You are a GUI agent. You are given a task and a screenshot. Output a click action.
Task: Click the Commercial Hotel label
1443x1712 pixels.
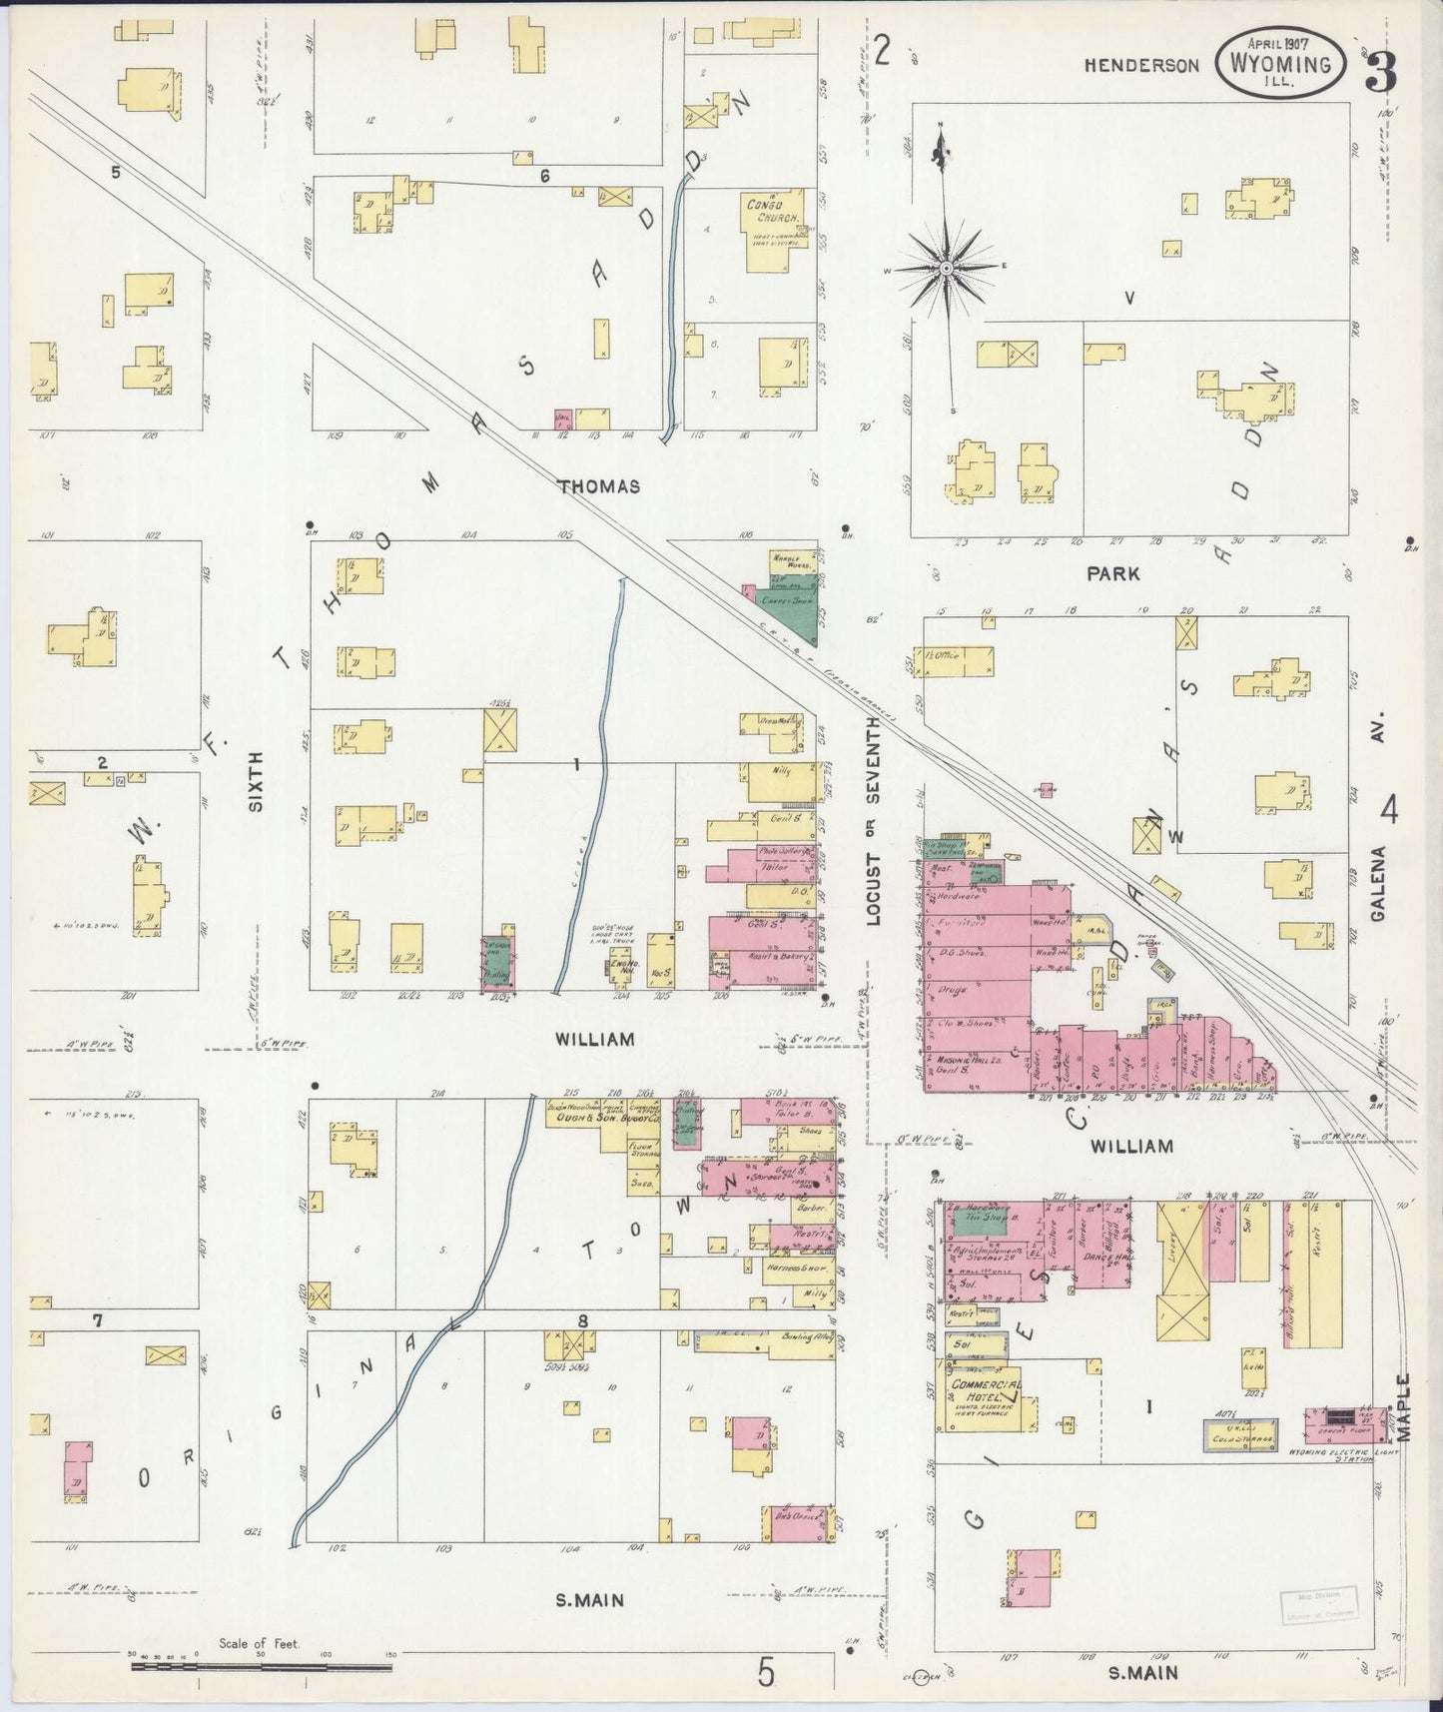pyautogui.click(x=986, y=1391)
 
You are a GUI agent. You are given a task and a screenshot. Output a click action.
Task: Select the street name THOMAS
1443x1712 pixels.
pyautogui.click(x=598, y=486)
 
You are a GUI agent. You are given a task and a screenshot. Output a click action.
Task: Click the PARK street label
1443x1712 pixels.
pyautogui.click(x=1112, y=574)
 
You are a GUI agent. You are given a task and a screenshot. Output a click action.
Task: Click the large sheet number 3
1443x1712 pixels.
pyautogui.click(x=1381, y=68)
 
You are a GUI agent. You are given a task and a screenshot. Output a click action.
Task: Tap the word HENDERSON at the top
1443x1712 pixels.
pyautogui.click(x=1142, y=66)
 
